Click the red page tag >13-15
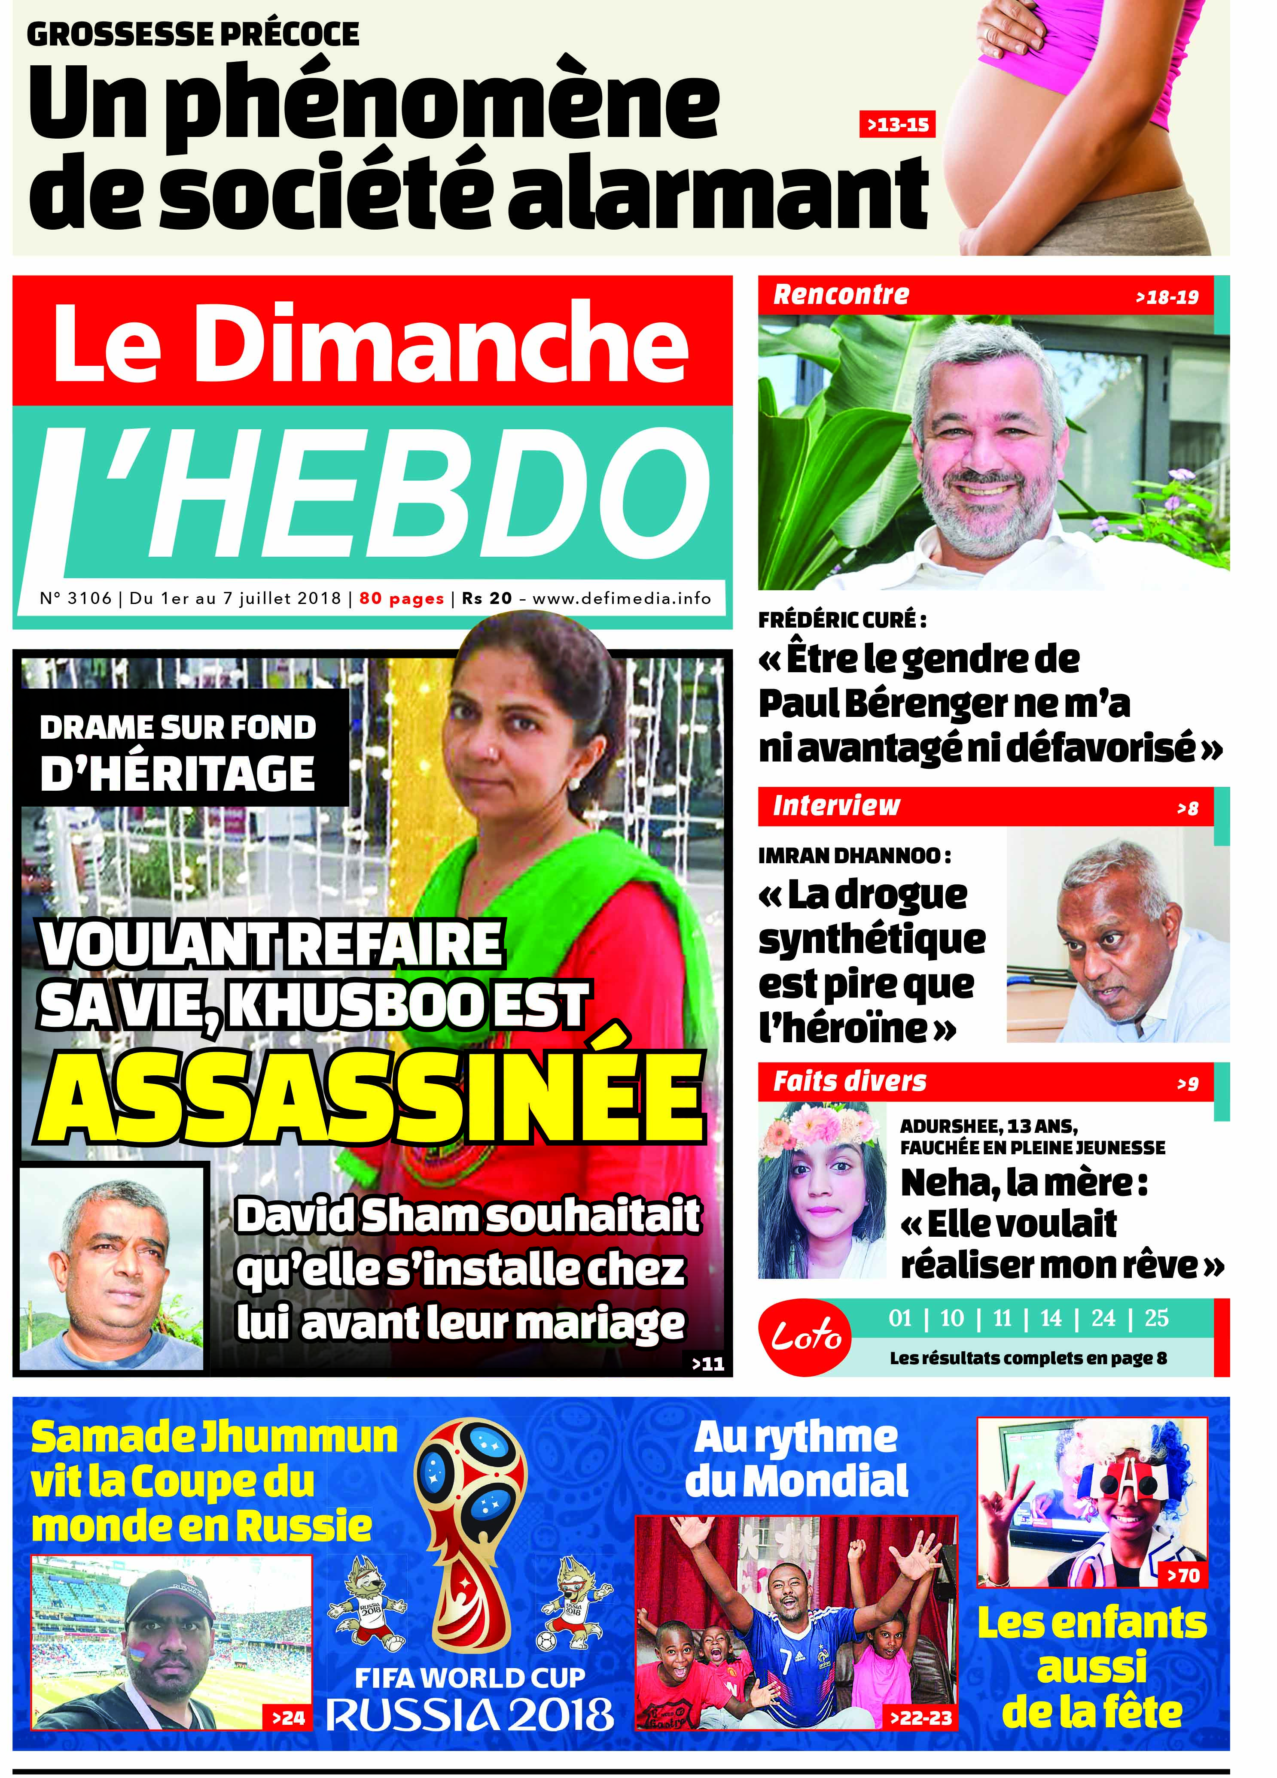(897, 124)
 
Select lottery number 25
(1156, 1318)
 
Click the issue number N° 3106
(75, 598)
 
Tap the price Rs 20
(486, 598)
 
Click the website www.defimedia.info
(621, 598)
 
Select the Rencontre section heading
(841, 295)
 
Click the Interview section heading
(836, 805)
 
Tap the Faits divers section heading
(850, 1081)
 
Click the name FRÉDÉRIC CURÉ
(841, 619)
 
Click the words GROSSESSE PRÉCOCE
(193, 34)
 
